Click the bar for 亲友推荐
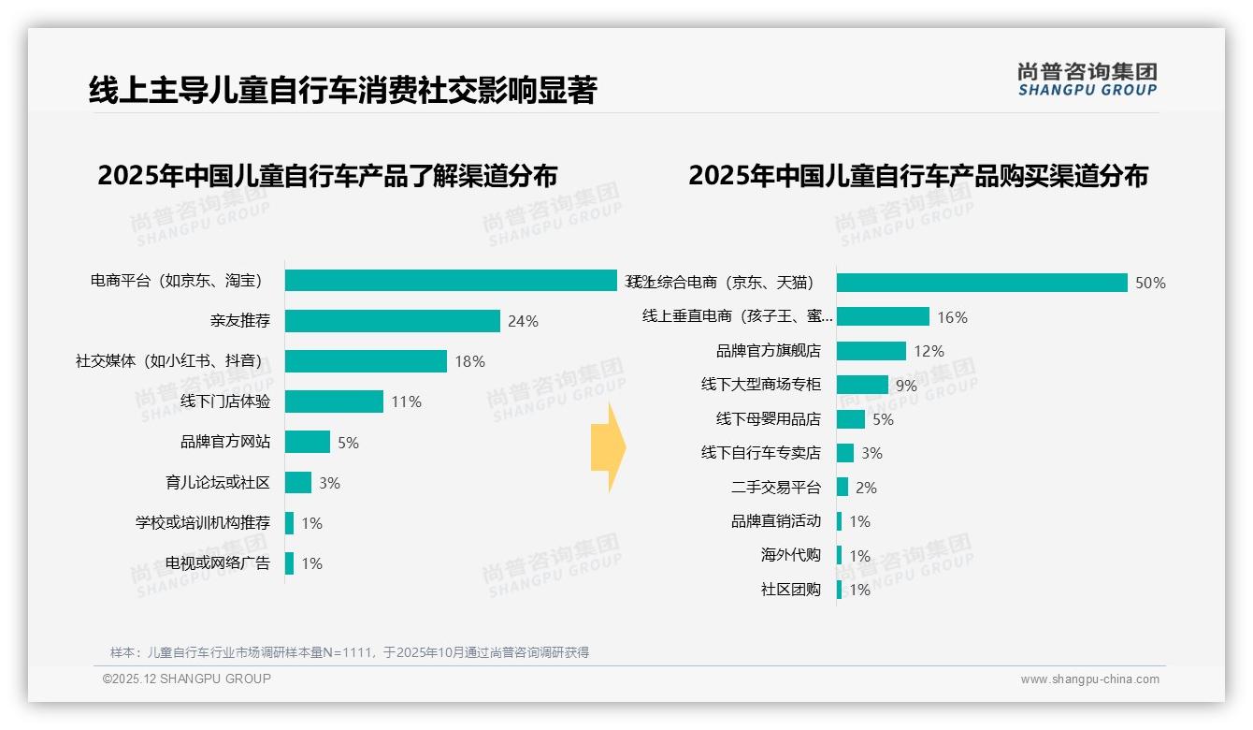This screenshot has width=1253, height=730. (393, 321)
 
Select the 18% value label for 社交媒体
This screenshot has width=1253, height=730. (469, 361)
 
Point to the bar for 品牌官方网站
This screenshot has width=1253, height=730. (308, 442)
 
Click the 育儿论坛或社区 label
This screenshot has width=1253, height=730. (217, 483)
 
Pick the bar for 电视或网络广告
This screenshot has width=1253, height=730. (290, 563)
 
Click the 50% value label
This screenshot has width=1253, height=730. (1150, 283)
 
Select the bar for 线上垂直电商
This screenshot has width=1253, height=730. (883, 316)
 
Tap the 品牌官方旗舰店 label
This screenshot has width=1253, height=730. (768, 351)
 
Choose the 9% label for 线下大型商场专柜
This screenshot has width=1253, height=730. (906, 385)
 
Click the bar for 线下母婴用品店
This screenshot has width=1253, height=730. (851, 419)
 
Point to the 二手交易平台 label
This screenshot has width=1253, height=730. (775, 488)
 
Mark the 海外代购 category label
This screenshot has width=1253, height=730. (790, 555)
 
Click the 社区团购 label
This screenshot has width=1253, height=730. (790, 590)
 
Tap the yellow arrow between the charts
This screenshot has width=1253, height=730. (609, 447)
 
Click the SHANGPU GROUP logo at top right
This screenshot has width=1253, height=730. (1087, 79)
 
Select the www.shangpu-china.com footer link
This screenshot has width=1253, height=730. (1089, 679)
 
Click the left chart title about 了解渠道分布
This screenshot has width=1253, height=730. (327, 175)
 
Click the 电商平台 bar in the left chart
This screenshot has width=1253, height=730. (451, 281)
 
